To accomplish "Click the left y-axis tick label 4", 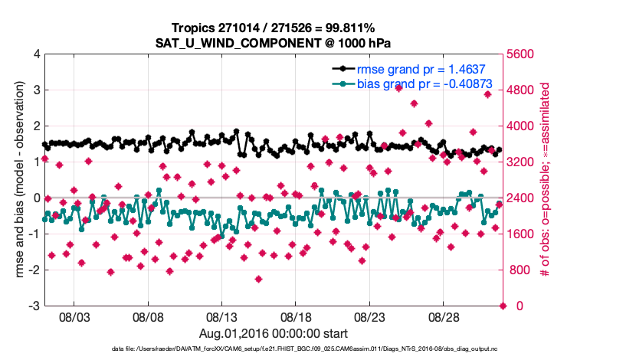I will click(37, 54).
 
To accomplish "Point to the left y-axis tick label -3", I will click(34, 306).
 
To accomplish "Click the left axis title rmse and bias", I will click(17, 180).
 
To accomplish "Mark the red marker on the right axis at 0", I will click(503, 306).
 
